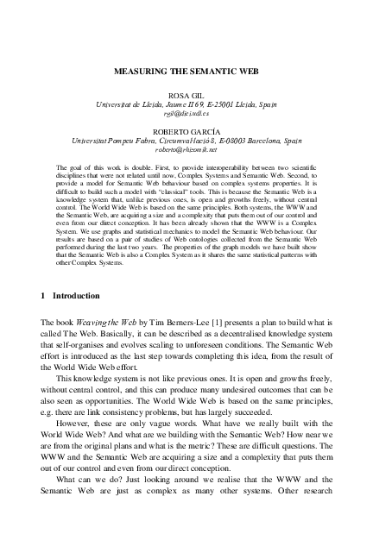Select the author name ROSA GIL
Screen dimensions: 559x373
pos(186,93)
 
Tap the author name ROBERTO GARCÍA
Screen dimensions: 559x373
pos(186,128)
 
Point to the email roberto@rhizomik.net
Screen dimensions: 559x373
pos(186,148)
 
